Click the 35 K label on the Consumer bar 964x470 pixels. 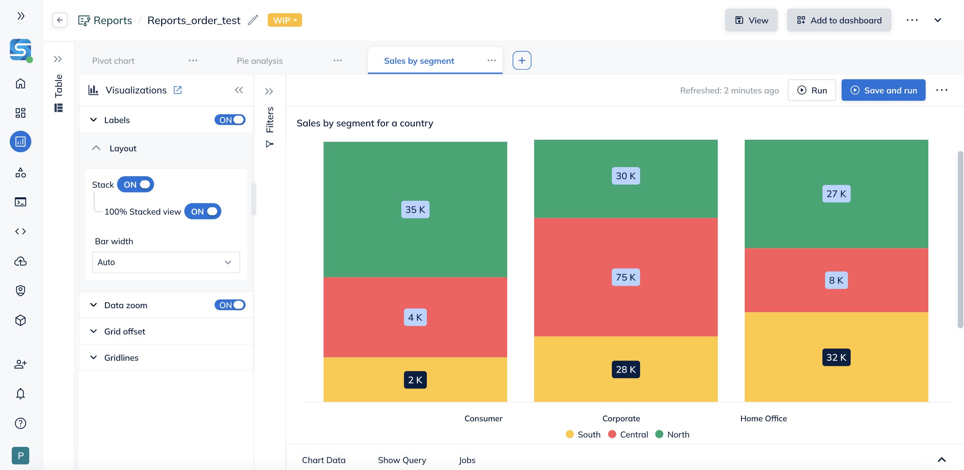[x=415, y=209]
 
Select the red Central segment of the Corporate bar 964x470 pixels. [x=625, y=277]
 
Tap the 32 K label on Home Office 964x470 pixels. [x=836, y=357]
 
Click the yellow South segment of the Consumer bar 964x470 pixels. [x=415, y=379]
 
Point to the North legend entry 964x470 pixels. [x=672, y=434]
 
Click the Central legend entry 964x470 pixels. [x=628, y=434]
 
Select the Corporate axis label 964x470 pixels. [x=621, y=418]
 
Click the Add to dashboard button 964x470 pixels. [x=839, y=20]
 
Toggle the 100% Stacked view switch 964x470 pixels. [x=203, y=211]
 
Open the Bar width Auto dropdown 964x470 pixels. [x=166, y=262]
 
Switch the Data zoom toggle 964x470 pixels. [x=230, y=305]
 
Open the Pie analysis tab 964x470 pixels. [x=260, y=61]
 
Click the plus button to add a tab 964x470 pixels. [x=522, y=60]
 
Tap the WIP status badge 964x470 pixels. [x=285, y=20]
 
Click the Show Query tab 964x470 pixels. [x=402, y=460]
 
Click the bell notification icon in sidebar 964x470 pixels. [x=21, y=394]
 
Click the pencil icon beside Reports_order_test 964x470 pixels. [x=253, y=20]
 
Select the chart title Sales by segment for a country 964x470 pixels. [x=365, y=123]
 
